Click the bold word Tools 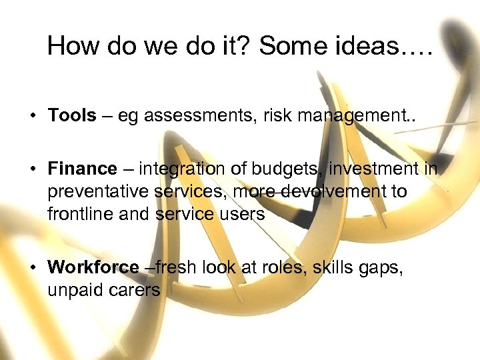coord(72,115)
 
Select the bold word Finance coord(82,169)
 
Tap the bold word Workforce coord(93,267)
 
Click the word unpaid coord(73,290)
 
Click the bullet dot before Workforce coord(33,268)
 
